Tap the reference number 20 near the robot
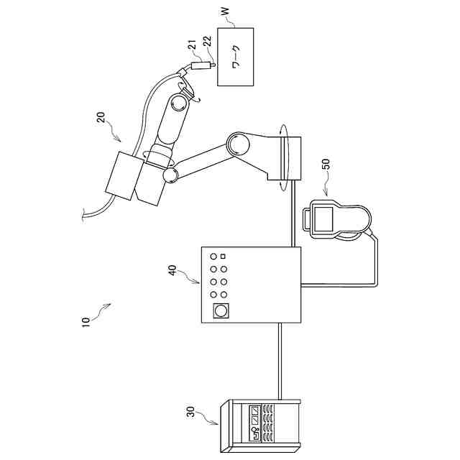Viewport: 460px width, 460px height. click(101, 117)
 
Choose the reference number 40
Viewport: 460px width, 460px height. click(172, 270)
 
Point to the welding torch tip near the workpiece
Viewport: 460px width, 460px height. click(212, 65)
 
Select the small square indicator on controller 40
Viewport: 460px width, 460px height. click(224, 256)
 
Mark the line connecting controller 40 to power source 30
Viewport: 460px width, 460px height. click(277, 359)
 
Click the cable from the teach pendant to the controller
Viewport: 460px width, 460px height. click(374, 266)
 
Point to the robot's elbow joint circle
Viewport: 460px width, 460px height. click(238, 144)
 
